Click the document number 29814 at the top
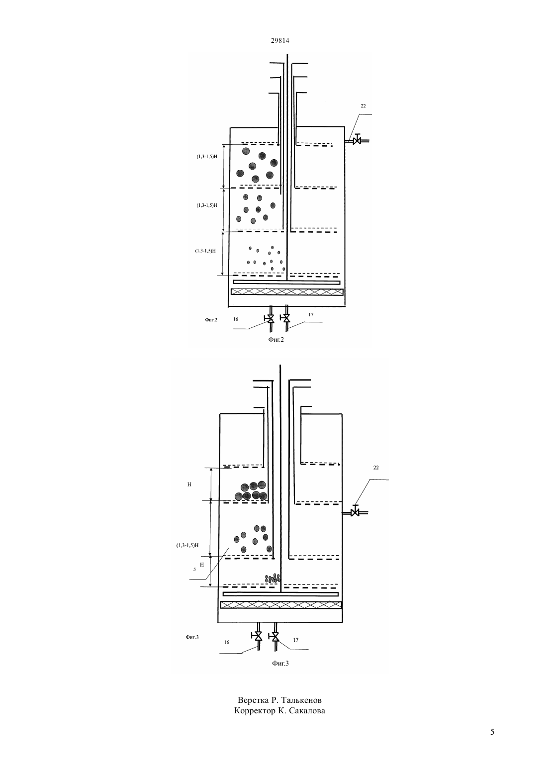tap(279, 40)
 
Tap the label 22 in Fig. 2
tap(363, 106)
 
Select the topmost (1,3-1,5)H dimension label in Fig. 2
tap(207, 156)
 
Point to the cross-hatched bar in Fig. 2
tap(287, 291)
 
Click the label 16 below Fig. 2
tap(236, 319)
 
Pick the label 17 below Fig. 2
tap(311, 314)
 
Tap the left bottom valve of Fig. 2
tap(270, 318)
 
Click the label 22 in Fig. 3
tap(376, 468)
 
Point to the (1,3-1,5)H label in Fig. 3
tap(187, 545)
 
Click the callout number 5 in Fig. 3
tap(194, 570)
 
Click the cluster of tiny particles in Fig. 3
tap(273, 578)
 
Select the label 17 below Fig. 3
tap(295, 640)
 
